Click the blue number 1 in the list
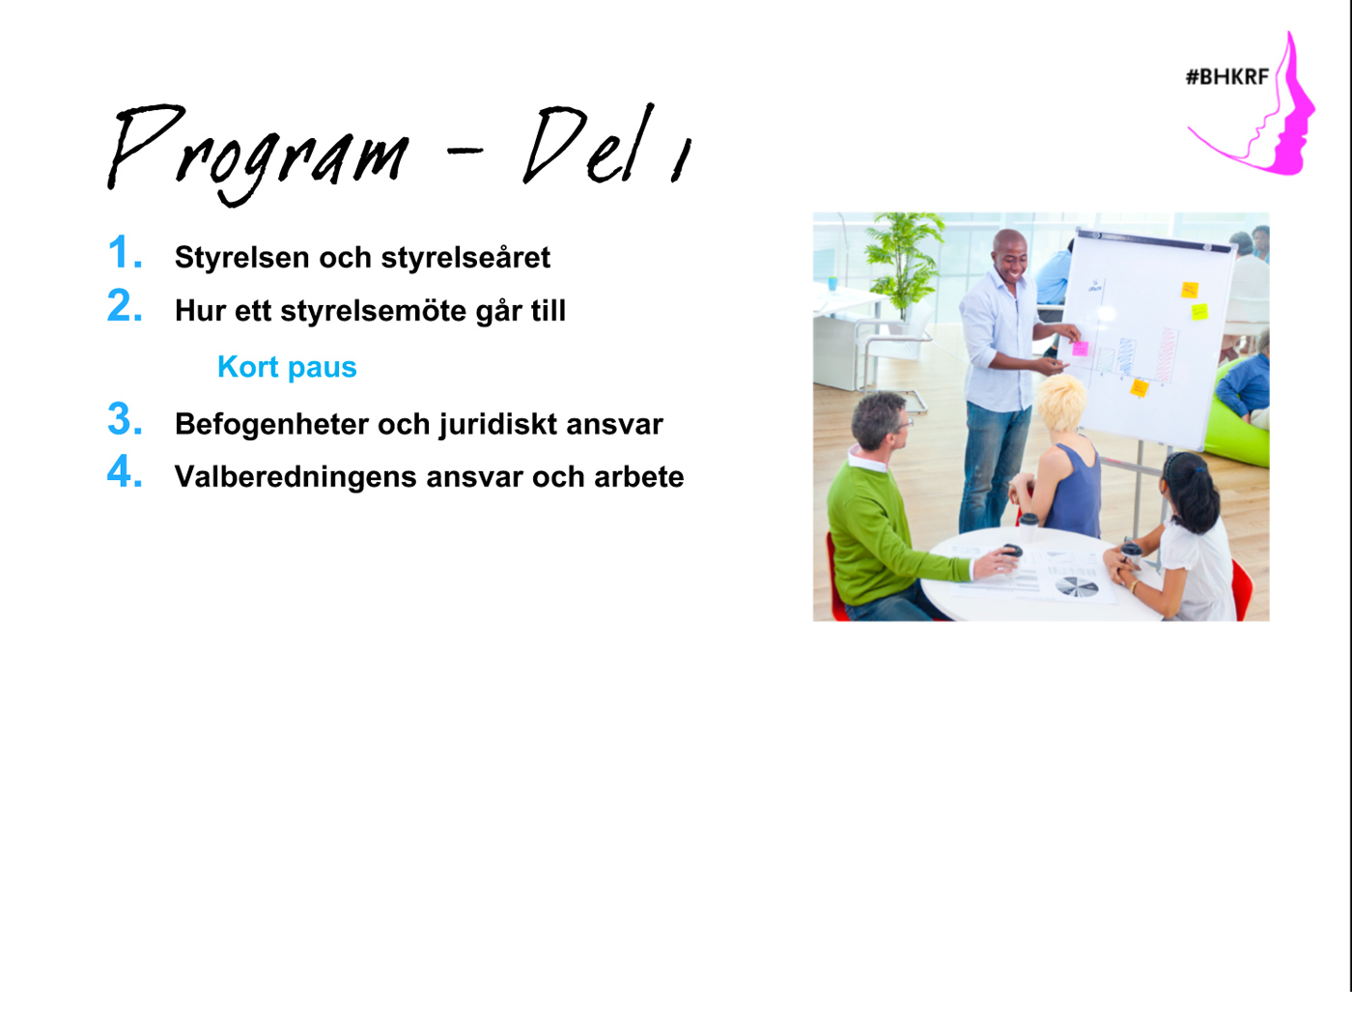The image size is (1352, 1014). (125, 252)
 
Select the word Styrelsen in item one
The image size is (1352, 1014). (242, 258)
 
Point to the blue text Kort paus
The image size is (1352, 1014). (287, 368)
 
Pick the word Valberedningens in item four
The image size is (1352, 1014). (296, 477)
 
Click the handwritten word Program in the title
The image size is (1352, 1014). (259, 154)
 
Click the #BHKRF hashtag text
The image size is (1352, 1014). (1227, 77)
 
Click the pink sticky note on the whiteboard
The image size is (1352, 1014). (1080, 349)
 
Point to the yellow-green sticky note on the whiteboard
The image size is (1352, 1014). (1199, 312)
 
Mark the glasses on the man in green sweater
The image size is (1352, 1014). (903, 424)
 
